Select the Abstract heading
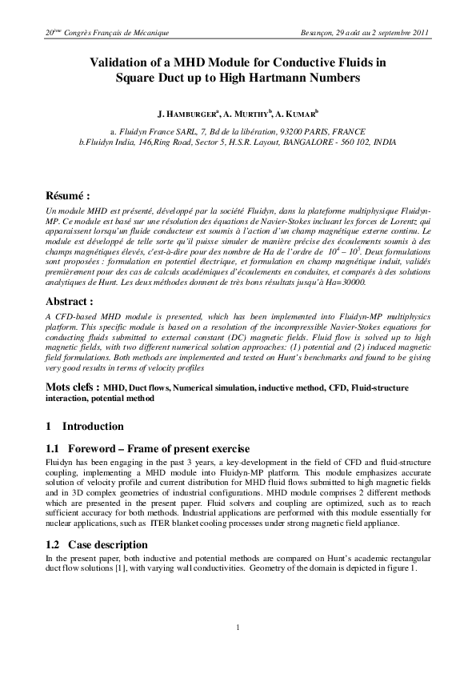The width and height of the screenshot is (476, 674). [70, 302]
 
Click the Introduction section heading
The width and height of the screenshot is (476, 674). [93, 426]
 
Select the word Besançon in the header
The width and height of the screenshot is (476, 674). [318, 33]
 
